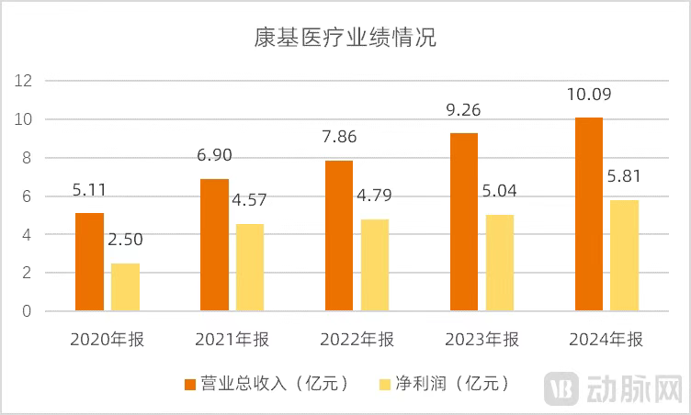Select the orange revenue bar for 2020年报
(x=89, y=262)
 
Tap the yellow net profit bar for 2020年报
(x=126, y=287)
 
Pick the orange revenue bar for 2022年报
(x=339, y=236)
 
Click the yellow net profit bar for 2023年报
(x=501, y=263)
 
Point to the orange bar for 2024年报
(x=589, y=214)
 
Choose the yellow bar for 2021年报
(x=251, y=267)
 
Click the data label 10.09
(x=590, y=95)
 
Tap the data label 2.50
(x=127, y=240)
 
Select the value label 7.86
(x=340, y=137)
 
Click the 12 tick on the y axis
(x=25, y=81)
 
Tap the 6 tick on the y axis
(x=28, y=196)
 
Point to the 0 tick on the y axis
(x=28, y=311)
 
